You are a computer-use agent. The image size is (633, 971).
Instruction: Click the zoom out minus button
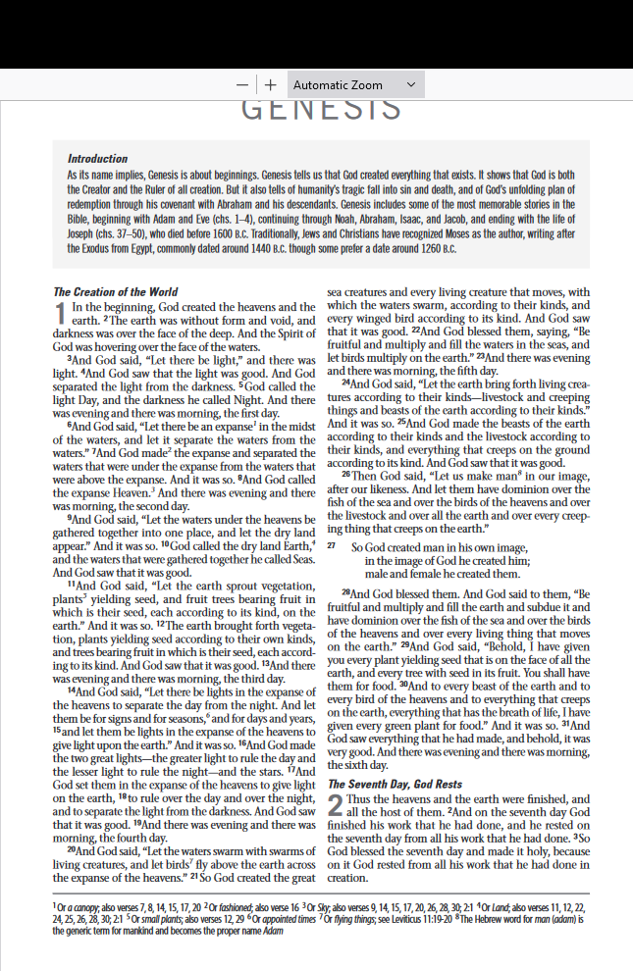tap(242, 85)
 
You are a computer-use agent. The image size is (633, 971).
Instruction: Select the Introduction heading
tap(97, 159)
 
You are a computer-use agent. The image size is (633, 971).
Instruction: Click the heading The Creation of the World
tap(115, 291)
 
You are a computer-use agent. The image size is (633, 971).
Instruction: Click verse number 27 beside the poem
tap(332, 545)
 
